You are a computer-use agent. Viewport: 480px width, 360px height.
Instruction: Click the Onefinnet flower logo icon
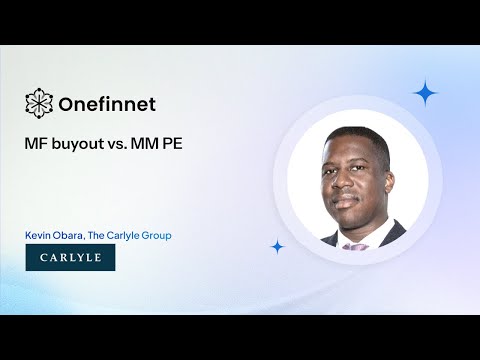39,102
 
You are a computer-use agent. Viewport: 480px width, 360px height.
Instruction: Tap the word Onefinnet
108,103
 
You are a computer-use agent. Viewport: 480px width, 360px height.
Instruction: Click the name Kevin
39,235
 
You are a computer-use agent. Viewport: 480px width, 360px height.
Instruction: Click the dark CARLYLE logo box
70,258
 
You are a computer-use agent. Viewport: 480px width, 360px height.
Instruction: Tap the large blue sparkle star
425,94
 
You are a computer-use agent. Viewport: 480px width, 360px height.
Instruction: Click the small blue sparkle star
277,246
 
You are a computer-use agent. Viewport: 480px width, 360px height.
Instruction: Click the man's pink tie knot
355,243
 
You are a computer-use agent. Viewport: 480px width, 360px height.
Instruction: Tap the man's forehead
354,153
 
